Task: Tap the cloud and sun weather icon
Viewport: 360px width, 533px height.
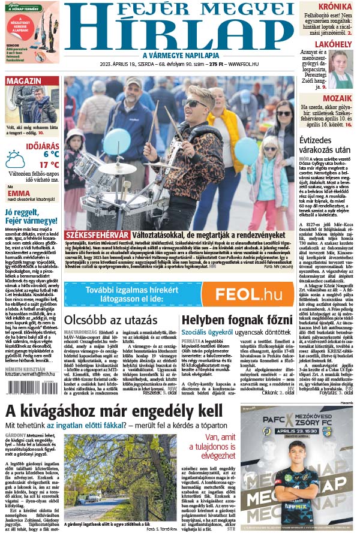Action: [15, 159]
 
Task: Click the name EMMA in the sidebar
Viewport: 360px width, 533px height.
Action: [19, 194]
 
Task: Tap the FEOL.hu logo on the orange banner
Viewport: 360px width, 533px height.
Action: [249, 294]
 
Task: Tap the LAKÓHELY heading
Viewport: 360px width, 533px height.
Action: [333, 44]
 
